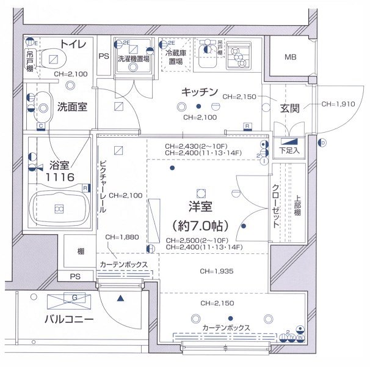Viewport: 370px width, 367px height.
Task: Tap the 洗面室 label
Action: click(x=72, y=106)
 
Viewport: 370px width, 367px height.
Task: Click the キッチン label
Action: click(x=199, y=92)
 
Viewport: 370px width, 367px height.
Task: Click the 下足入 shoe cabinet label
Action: click(x=289, y=149)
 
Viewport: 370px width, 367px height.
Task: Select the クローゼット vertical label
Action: click(x=276, y=207)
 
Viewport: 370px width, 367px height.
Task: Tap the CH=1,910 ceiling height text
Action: click(x=337, y=104)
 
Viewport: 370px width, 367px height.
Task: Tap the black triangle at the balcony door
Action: click(x=120, y=298)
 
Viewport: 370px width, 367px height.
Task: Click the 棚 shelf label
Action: click(x=81, y=251)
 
